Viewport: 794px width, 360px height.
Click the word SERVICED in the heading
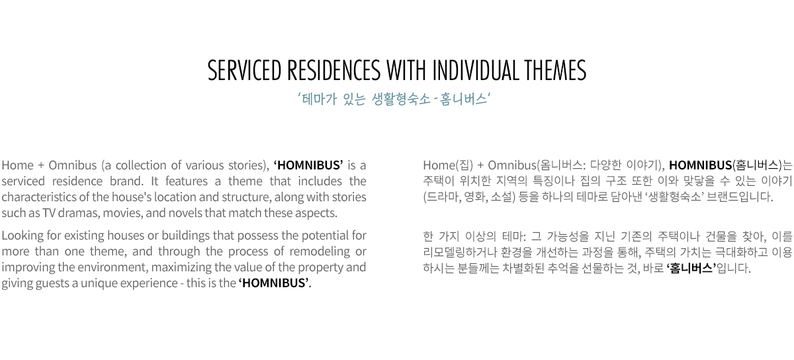[x=244, y=70]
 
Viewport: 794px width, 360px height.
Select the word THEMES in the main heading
[x=555, y=70]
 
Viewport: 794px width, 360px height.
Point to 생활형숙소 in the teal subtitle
[x=401, y=99]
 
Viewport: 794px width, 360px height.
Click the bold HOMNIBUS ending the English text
[x=274, y=283]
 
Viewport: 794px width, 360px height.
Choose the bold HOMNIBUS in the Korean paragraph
[x=701, y=165]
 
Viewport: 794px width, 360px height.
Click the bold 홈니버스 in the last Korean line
[x=691, y=268]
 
